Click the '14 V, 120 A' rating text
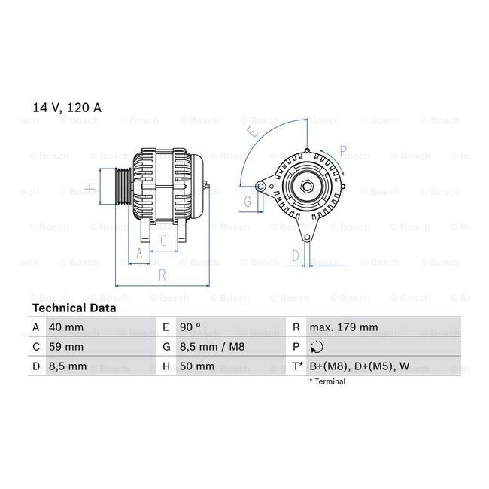pos(67,108)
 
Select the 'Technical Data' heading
pos(74,308)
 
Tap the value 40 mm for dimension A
pos(66,327)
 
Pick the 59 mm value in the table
pos(66,347)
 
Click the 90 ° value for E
pos(190,327)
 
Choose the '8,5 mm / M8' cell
pos(212,347)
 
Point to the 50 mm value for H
pos(197,366)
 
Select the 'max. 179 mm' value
pos(344,327)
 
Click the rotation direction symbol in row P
pos(317,347)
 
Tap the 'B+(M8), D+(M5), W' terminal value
pos(360,366)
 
